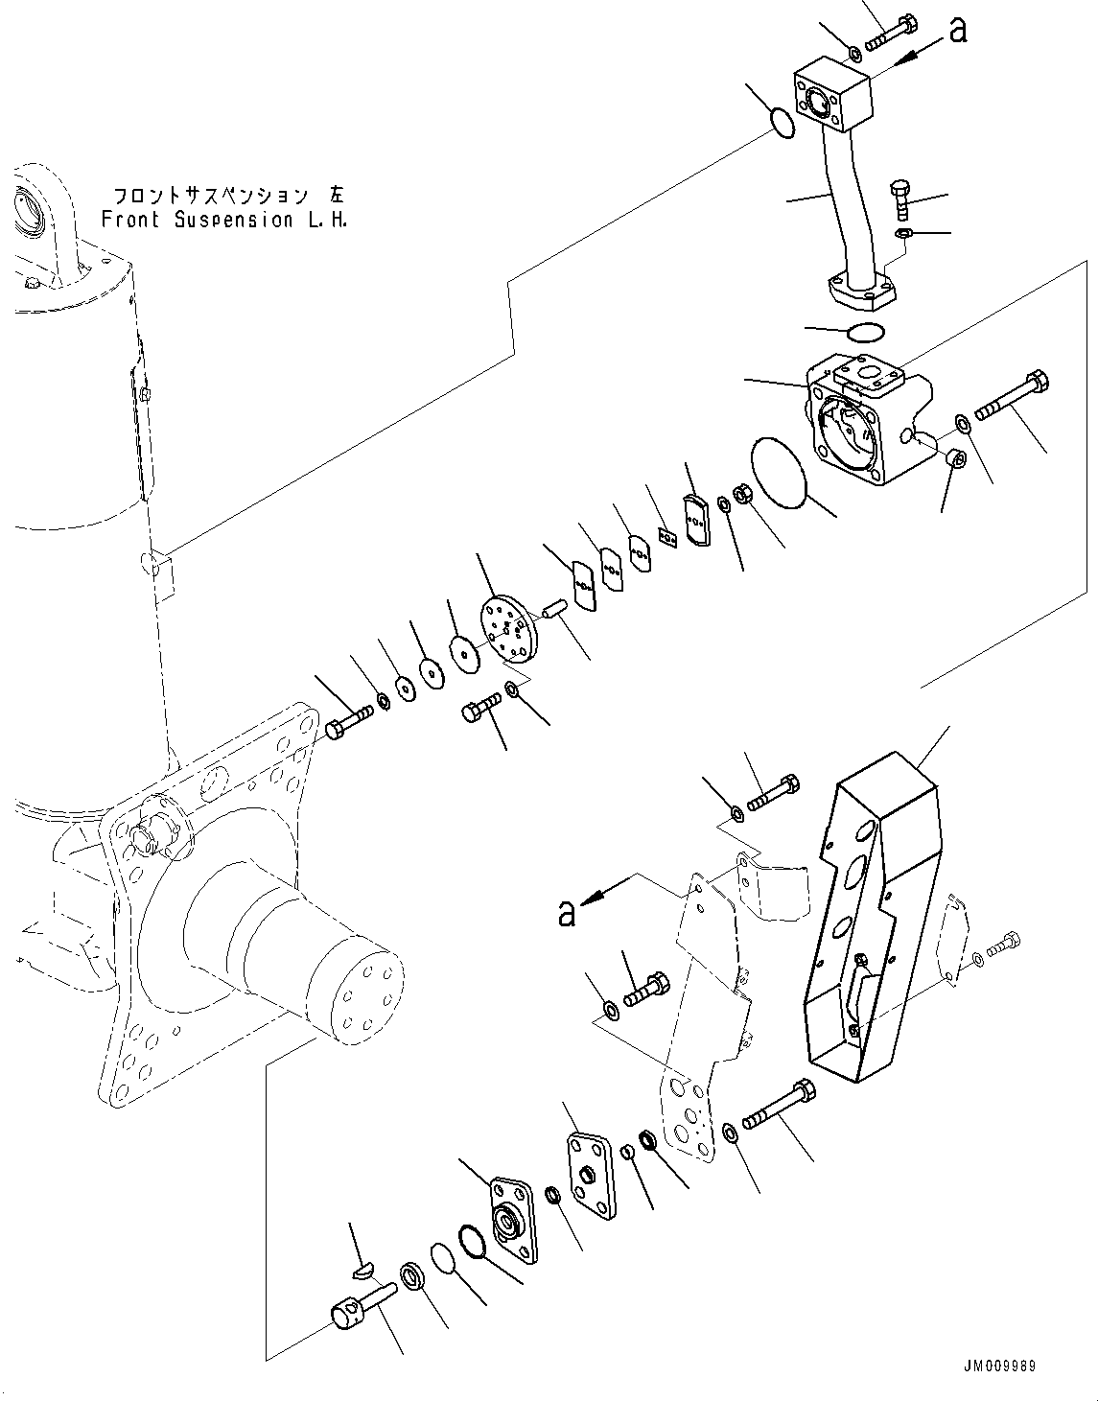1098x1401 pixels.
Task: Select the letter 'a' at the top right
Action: click(956, 31)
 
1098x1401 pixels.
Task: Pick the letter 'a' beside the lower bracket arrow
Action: click(567, 912)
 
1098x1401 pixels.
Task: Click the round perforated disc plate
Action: click(507, 628)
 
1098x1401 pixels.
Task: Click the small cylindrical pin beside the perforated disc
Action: click(555, 611)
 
